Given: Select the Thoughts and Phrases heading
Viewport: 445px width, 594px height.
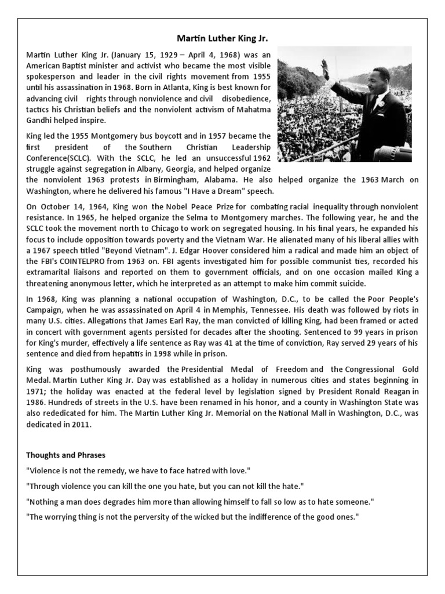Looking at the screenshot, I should point(65,455).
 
